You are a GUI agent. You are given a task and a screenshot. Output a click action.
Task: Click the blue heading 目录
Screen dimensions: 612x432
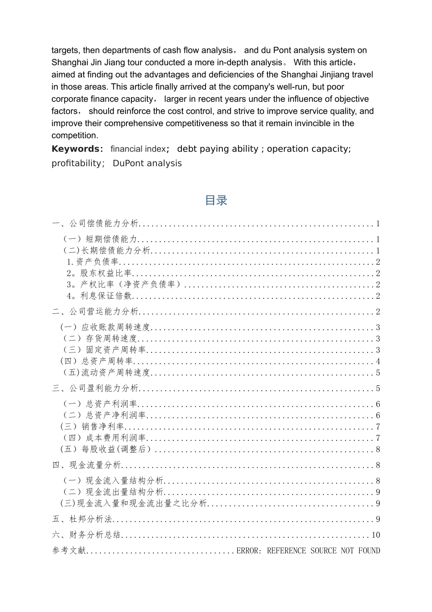pyautogui.click(x=216, y=200)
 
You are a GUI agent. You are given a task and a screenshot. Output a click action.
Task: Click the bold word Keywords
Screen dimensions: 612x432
pyautogui.click(x=75, y=149)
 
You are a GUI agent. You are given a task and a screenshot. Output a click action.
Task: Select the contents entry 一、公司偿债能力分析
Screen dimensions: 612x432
pyautogui.click(x=95, y=224)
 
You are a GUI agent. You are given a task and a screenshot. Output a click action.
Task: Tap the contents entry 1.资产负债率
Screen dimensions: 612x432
pyautogui.click(x=93, y=262)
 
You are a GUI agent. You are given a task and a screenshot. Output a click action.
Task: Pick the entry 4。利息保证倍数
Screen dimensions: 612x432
pyautogui.click(x=99, y=296)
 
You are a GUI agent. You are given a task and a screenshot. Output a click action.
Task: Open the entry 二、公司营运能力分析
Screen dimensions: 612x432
pyautogui.click(x=95, y=312)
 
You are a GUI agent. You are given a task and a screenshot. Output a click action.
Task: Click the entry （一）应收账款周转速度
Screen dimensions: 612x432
pyautogui.click(x=105, y=327)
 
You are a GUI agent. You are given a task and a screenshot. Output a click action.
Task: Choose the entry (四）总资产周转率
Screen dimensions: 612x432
pyautogui.click(x=96, y=362)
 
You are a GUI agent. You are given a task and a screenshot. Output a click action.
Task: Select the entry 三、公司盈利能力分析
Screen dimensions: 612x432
pyautogui.click(x=95, y=388)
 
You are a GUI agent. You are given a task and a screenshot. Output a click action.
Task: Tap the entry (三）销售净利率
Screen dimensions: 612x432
pyautogui.click(x=92, y=427)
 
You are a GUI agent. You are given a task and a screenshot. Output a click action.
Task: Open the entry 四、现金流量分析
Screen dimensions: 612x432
pyautogui.click(x=87, y=465)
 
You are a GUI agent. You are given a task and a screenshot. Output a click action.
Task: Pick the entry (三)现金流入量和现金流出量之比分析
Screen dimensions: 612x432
pyautogui.click(x=134, y=504)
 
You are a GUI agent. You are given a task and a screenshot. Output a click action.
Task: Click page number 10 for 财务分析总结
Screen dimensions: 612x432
pyautogui.click(x=376, y=535)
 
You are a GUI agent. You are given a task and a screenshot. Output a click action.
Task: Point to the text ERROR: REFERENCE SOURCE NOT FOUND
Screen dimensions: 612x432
pyautogui.click(x=308, y=551)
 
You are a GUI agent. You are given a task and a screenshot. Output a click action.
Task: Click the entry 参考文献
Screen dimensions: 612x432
pyautogui.click(x=69, y=551)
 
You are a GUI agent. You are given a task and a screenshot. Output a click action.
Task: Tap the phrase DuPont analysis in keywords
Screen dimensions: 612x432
pyautogui.click(x=147, y=163)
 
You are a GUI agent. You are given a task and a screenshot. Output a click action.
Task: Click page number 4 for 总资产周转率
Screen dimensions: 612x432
pyautogui.click(x=378, y=362)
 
